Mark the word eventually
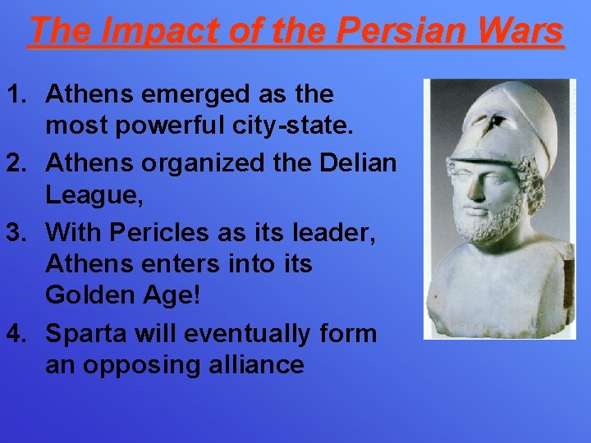click(x=247, y=334)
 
